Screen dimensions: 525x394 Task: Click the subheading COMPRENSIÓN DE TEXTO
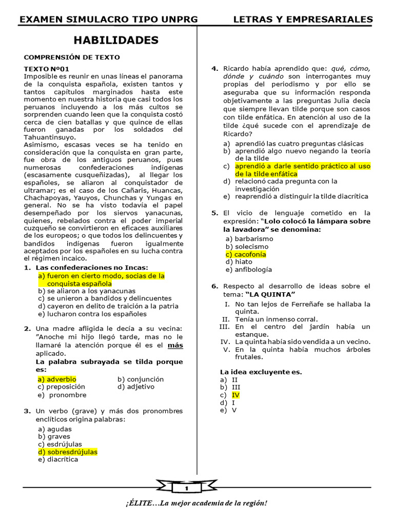72,57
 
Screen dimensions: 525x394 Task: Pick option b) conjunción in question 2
141,379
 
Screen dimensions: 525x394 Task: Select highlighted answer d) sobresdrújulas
67,452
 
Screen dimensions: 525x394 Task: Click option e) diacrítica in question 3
58,460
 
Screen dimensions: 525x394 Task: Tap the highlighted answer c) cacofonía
246,254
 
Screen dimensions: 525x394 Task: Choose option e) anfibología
249,270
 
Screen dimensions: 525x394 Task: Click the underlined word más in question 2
175,346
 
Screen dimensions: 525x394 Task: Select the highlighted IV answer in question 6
235,395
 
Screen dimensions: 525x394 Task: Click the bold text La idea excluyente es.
261,372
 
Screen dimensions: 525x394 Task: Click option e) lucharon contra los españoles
92,314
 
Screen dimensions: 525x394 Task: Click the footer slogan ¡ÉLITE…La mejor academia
196,503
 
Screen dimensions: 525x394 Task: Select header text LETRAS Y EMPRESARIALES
303,19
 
